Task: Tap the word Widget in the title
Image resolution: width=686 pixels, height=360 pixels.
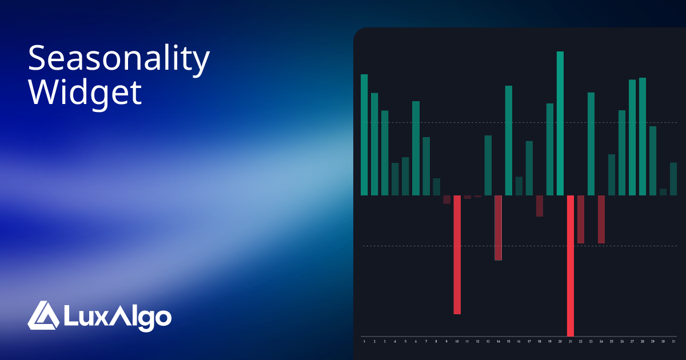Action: [85, 91]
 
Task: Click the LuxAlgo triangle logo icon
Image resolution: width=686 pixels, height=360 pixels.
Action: [43, 315]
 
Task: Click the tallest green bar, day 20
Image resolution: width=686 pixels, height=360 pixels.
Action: [560, 123]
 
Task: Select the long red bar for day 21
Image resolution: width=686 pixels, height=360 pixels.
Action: [571, 266]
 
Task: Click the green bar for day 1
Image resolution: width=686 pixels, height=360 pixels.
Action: [364, 134]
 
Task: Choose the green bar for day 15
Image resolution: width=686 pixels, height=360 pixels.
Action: [509, 140]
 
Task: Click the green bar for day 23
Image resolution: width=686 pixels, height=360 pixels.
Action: [591, 143]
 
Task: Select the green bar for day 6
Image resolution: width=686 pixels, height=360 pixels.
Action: [416, 148]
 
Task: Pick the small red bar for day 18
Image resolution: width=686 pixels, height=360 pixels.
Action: [540, 206]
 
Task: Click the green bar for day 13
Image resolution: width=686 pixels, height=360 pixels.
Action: [488, 165]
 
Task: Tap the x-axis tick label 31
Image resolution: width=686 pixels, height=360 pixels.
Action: [673, 341]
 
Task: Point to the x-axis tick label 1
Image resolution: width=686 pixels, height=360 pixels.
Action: [364, 341]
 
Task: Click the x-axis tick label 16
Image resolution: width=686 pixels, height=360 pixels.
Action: [519, 341]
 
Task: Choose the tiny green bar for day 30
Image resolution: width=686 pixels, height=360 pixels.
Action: [663, 192]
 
